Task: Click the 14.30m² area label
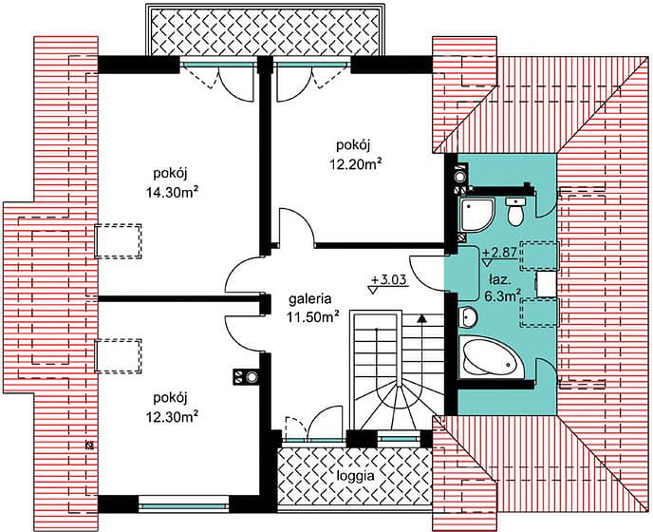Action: (x=172, y=192)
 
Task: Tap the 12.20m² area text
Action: (x=356, y=163)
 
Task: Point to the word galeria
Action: (x=310, y=298)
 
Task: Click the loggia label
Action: (x=356, y=476)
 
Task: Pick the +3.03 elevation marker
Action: (x=387, y=283)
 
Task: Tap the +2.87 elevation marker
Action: (x=499, y=256)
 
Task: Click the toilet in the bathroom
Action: (x=515, y=212)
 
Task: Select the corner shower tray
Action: (x=477, y=215)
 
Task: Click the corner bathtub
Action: (x=491, y=358)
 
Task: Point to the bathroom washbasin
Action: (x=468, y=317)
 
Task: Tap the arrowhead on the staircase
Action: (x=421, y=319)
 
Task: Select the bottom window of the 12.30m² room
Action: (x=184, y=506)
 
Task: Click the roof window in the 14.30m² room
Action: (x=119, y=241)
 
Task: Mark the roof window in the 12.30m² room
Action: (x=119, y=355)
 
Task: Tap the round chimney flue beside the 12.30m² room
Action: (x=252, y=377)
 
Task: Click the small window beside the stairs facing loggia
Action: (x=399, y=439)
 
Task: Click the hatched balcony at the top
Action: (x=266, y=29)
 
